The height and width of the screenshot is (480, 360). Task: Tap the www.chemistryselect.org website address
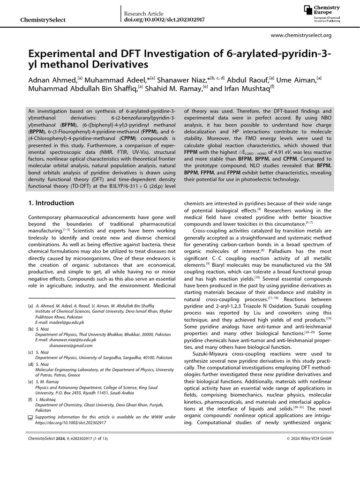pos(301,35)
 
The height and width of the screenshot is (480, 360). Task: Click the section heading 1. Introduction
pos(51,203)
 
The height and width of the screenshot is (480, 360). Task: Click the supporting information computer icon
pos(31,417)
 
